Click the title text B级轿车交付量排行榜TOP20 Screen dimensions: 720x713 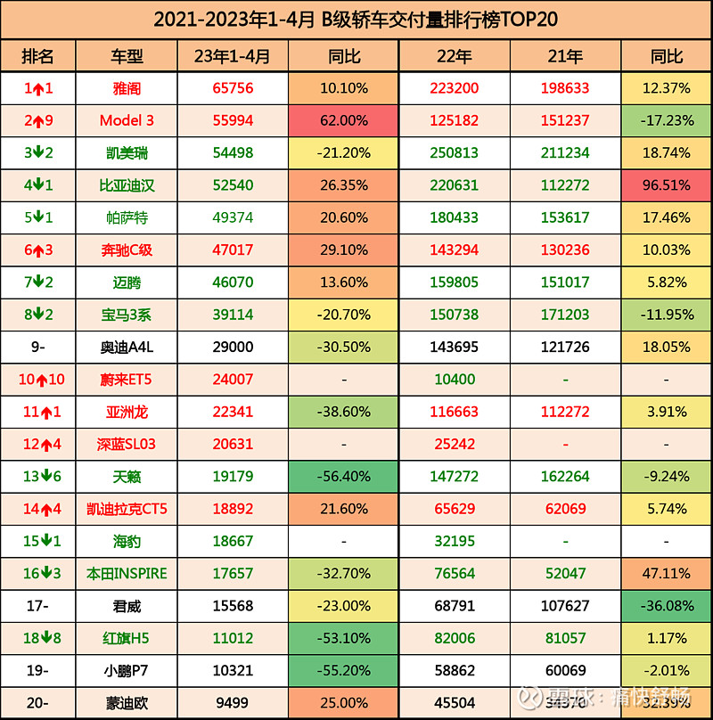356,19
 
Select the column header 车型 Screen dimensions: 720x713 126,56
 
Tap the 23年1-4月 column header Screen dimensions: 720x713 233,56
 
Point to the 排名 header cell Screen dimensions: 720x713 38,56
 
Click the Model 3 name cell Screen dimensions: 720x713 126,121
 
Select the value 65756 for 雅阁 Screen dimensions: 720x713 233,89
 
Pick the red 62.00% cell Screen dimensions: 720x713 343,121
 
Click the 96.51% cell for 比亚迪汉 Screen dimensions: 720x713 667,185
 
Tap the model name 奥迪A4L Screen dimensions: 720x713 126,348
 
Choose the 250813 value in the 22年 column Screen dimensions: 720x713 454,153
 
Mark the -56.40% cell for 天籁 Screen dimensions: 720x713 343,477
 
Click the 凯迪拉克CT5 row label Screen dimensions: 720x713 126,509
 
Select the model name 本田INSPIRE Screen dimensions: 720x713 126,574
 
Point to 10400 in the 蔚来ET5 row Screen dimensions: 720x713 454,380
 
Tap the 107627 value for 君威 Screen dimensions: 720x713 566,606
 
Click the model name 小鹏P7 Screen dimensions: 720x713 126,670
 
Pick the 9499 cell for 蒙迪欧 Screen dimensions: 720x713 233,702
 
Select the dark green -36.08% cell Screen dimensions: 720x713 667,606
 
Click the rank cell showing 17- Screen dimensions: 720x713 38,606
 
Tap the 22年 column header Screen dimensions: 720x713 454,56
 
